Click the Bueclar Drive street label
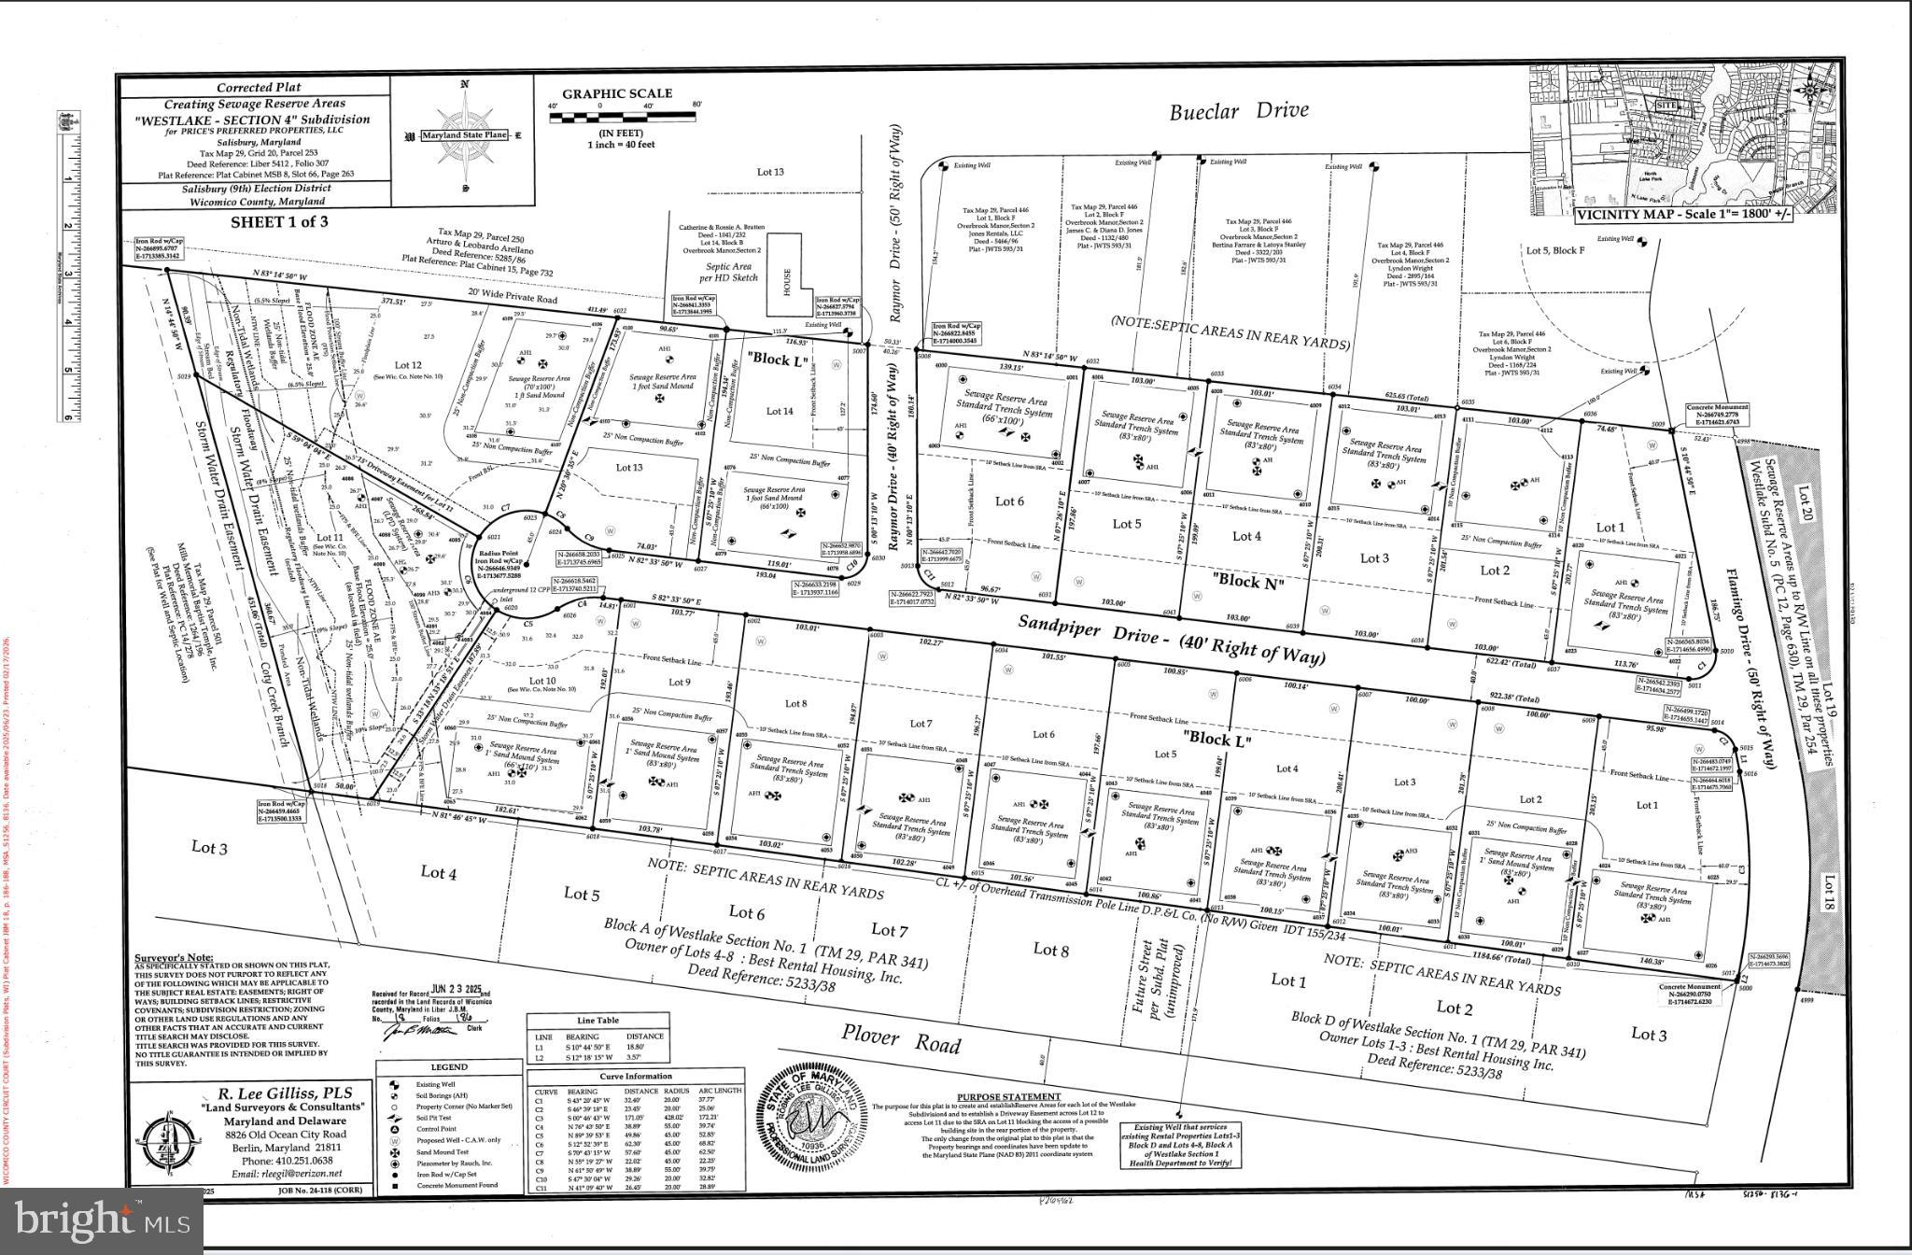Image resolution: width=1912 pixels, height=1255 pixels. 1239,111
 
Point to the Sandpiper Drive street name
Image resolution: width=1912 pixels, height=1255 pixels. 1171,640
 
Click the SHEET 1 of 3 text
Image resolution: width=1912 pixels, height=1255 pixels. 279,221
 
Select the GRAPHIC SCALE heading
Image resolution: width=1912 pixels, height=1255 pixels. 616,93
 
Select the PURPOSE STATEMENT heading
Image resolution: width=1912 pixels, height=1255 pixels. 1008,1097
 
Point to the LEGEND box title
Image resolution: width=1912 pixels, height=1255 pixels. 449,1067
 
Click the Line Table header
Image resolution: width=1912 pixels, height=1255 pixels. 597,1021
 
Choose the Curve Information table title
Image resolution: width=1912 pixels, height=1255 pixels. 636,1076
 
